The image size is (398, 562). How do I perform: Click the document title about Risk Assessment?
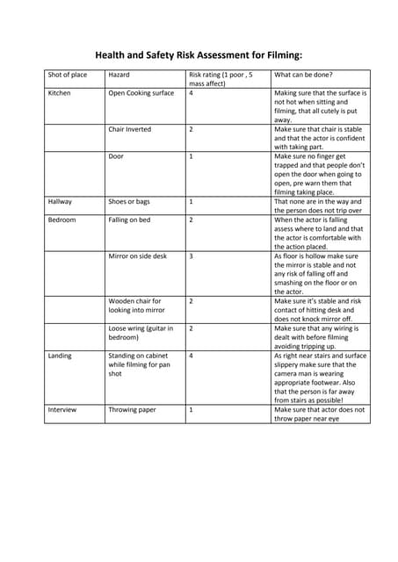pyautogui.click(x=199, y=54)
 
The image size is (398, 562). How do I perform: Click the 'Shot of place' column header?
pyautogui.click(x=68, y=75)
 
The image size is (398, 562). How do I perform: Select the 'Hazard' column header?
pyautogui.click(x=119, y=75)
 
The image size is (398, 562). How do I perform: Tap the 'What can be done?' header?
pyautogui.click(x=298, y=75)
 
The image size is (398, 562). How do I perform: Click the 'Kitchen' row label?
pyautogui.click(x=60, y=92)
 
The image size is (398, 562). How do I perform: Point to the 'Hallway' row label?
pyautogui.click(x=61, y=201)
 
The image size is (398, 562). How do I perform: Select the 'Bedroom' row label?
pyautogui.click(x=62, y=220)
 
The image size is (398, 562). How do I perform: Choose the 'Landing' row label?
pyautogui.click(x=61, y=356)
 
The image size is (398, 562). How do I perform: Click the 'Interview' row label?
pyautogui.click(x=62, y=409)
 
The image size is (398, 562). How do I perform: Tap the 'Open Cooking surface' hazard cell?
pyautogui.click(x=141, y=92)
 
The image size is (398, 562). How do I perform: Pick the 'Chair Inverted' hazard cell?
pyautogui.click(x=130, y=129)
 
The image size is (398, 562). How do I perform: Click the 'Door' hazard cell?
pyautogui.click(x=116, y=156)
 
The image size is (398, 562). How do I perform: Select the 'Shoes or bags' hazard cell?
pyautogui.click(x=129, y=201)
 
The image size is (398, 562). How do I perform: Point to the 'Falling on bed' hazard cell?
pyautogui.click(x=130, y=220)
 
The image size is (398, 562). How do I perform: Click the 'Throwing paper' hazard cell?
pyautogui.click(x=132, y=409)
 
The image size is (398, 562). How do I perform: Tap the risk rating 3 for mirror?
pyautogui.click(x=192, y=256)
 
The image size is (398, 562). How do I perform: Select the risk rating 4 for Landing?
pyautogui.click(x=192, y=356)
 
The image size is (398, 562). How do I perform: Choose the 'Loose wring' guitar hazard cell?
pyautogui.click(x=141, y=333)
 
